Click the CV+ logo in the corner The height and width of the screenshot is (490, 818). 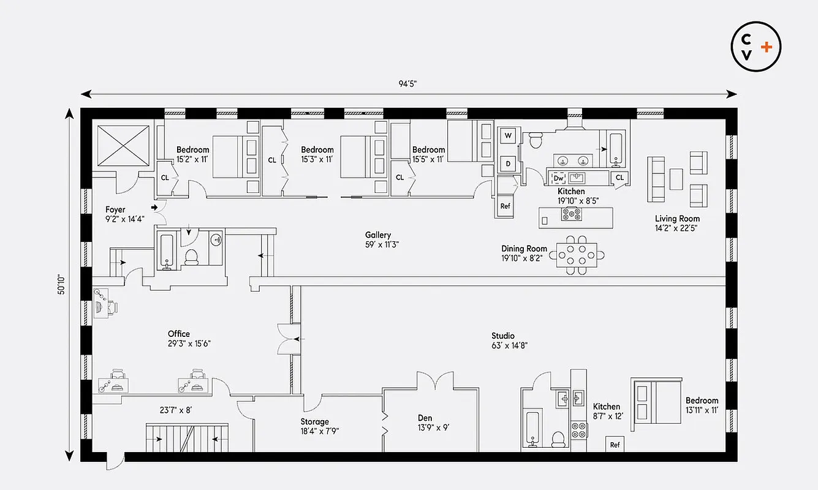pyautogui.click(x=756, y=47)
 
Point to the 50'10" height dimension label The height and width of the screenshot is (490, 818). pyautogui.click(x=62, y=284)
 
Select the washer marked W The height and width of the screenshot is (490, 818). pyautogui.click(x=508, y=135)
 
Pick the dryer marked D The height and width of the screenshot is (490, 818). pyautogui.click(x=508, y=164)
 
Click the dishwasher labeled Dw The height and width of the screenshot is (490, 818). pyautogui.click(x=558, y=178)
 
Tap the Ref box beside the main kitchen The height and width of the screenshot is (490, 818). pyautogui.click(x=506, y=206)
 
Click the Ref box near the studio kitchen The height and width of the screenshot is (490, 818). pyautogui.click(x=615, y=445)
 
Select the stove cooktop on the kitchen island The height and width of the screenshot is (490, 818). pyautogui.click(x=572, y=214)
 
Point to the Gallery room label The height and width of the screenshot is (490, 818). pyautogui.click(x=378, y=235)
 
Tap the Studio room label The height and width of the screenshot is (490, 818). pyautogui.click(x=503, y=336)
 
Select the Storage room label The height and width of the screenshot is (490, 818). pyautogui.click(x=314, y=421)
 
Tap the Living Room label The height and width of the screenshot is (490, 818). pyautogui.click(x=677, y=219)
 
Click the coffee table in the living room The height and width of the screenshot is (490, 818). pyautogui.click(x=676, y=179)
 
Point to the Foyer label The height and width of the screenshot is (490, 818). pyautogui.click(x=115, y=209)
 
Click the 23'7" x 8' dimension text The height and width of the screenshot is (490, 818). pyautogui.click(x=175, y=410)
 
